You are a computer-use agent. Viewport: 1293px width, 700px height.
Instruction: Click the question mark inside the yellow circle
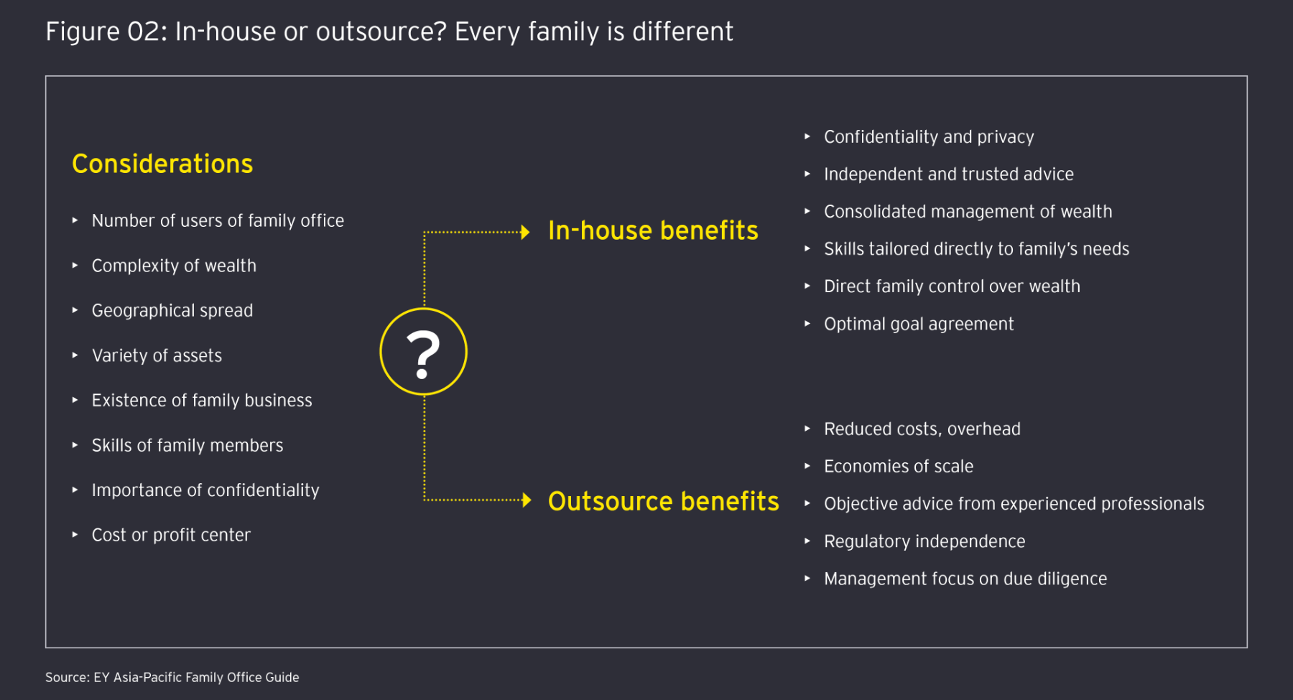[x=423, y=355]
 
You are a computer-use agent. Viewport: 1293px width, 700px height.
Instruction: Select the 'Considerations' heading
[x=162, y=164]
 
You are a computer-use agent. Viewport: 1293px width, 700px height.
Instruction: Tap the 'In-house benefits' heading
[x=653, y=230]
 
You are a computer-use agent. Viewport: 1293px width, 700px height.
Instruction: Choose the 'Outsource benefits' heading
[x=663, y=501]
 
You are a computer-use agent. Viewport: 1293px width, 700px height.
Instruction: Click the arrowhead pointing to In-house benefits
[x=526, y=232]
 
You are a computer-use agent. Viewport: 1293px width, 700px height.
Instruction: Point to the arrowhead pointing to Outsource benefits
[x=527, y=500]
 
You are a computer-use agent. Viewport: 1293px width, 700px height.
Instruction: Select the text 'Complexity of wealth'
[x=174, y=266]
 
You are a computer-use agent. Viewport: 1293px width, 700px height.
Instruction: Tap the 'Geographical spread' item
[x=172, y=310]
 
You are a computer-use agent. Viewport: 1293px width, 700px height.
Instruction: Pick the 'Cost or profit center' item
[x=171, y=535]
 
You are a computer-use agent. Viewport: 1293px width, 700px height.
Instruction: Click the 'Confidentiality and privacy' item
[x=929, y=136]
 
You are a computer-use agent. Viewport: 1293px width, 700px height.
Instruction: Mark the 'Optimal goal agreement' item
[x=919, y=324]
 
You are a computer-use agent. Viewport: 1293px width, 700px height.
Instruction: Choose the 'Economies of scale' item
[x=899, y=466]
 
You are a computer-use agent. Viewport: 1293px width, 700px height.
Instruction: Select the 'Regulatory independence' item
[x=924, y=541]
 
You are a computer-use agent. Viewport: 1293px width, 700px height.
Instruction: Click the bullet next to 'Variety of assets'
[x=75, y=355]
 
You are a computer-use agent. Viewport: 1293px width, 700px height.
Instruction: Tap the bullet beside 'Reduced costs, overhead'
[x=807, y=429]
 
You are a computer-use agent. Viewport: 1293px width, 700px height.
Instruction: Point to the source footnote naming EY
[x=172, y=677]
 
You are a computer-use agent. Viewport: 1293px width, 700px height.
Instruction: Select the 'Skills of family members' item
[x=187, y=445]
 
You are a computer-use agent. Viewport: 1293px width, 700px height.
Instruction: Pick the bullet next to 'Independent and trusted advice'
[x=807, y=174]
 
